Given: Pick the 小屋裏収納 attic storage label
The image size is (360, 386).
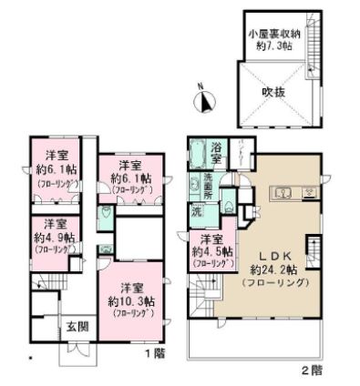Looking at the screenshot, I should tap(272, 34).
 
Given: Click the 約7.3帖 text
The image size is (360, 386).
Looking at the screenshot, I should tap(272, 46).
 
